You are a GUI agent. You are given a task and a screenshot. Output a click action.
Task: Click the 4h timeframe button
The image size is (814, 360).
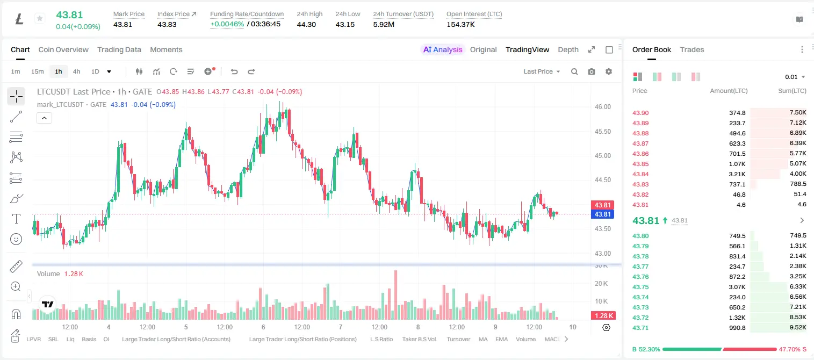pyautogui.click(x=76, y=71)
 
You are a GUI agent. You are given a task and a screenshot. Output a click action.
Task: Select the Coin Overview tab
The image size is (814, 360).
pyautogui.click(x=63, y=49)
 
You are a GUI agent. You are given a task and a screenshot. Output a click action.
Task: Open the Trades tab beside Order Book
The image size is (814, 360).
pyautogui.click(x=692, y=49)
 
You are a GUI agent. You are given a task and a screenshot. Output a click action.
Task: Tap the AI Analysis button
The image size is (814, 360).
pyautogui.click(x=443, y=49)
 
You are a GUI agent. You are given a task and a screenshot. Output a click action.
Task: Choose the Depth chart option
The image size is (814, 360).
pyautogui.click(x=568, y=49)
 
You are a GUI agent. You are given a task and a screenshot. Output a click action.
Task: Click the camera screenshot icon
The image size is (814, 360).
pyautogui.click(x=592, y=71)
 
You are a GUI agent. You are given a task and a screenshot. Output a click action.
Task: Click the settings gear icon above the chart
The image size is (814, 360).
pyautogui.click(x=609, y=71)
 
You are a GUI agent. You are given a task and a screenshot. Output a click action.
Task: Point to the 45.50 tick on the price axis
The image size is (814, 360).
pyautogui.click(x=602, y=132)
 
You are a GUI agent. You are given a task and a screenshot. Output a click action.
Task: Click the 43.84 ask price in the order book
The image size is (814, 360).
pyautogui.click(x=640, y=174)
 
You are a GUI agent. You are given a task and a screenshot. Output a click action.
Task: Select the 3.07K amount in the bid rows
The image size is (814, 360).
pyautogui.click(x=737, y=286)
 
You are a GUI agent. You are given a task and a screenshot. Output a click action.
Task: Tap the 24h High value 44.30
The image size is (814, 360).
pyautogui.click(x=306, y=24)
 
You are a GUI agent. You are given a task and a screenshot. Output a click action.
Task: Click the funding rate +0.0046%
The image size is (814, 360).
pyautogui.click(x=227, y=24)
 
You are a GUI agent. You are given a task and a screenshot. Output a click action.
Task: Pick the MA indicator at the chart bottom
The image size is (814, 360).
pyautogui.click(x=483, y=339)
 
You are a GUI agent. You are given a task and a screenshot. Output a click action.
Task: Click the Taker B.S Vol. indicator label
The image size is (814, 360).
pyautogui.click(x=419, y=339)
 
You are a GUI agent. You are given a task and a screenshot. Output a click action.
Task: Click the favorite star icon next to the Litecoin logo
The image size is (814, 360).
pyautogui.click(x=40, y=18)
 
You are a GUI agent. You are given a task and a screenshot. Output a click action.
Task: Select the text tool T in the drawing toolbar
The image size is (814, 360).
pyautogui.click(x=16, y=219)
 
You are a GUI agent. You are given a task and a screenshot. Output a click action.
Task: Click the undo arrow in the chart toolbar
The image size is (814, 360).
pyautogui.click(x=234, y=71)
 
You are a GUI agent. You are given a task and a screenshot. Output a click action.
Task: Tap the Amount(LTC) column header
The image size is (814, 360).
pyautogui.click(x=729, y=90)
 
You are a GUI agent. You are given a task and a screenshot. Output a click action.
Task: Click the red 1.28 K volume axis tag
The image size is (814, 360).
pyautogui.click(x=602, y=316)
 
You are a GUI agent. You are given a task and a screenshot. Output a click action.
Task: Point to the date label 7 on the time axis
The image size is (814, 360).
pyautogui.click(x=341, y=327)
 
